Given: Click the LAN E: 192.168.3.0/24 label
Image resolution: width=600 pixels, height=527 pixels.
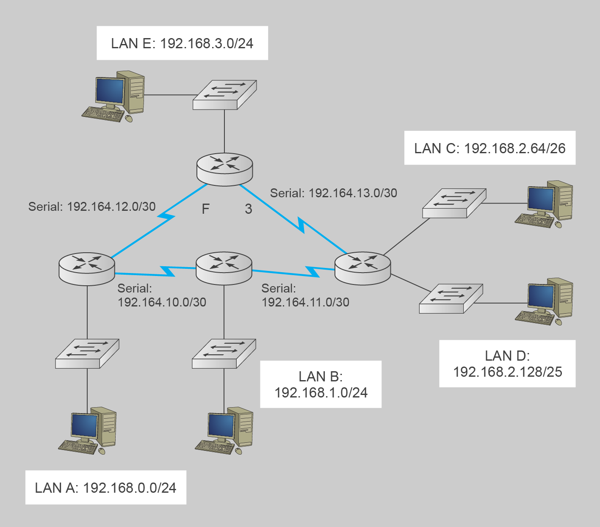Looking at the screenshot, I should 182,43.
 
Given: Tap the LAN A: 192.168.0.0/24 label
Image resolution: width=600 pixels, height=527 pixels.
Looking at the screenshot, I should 105,488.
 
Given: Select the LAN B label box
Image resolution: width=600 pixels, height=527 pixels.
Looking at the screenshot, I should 321,384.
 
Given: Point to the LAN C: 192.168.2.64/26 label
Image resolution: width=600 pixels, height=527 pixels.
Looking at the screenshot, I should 489,148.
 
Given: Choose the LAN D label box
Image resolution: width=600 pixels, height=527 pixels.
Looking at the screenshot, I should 507,364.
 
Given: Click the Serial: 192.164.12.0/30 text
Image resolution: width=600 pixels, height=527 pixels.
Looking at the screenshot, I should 92,207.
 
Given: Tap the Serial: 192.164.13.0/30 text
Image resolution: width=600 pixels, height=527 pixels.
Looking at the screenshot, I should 334,193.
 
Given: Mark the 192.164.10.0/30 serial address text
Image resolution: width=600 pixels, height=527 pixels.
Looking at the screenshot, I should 162,302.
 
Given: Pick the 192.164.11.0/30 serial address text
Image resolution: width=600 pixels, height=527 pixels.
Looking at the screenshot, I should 305,302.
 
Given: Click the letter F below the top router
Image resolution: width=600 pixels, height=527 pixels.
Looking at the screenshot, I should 206,209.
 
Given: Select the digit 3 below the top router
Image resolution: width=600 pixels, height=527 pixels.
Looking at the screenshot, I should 249,209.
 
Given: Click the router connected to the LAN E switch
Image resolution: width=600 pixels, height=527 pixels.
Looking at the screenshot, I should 225,169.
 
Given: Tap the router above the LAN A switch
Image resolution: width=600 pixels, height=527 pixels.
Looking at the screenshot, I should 87,268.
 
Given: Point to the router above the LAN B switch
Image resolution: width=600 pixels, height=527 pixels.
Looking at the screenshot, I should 224,268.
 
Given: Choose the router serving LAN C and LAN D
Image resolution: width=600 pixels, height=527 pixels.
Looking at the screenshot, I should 362,268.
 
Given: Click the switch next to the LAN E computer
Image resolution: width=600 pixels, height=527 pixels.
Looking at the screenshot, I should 224,95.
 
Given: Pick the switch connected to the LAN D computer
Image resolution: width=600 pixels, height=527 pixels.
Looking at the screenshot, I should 451,298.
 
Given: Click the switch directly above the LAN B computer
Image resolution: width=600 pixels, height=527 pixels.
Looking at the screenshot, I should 224,353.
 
